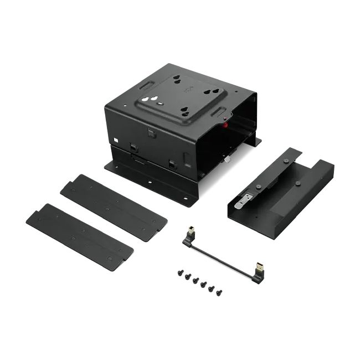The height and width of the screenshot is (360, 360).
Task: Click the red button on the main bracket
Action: tap(225, 124)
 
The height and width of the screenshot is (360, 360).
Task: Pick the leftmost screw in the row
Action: tap(181, 272)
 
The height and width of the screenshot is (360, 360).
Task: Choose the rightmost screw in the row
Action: tap(219, 292)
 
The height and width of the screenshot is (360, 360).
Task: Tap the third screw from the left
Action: tap(196, 280)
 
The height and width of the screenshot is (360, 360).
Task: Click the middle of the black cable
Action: tap(222, 256)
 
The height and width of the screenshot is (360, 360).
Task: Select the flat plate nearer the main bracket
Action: tap(113, 207)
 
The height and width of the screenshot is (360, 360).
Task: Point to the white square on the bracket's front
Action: tap(115, 139)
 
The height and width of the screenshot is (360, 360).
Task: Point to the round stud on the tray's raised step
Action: tap(297, 183)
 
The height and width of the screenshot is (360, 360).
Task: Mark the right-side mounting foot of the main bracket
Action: tap(255, 142)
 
